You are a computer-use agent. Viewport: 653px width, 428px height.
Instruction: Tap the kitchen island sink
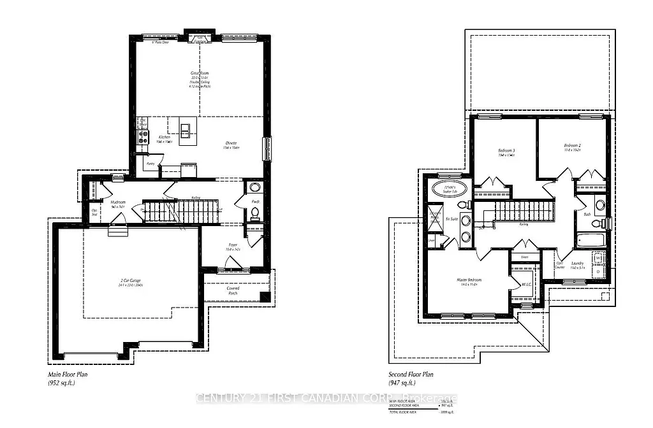coord(185,131)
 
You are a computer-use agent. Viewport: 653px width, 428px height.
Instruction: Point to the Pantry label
coord(150,163)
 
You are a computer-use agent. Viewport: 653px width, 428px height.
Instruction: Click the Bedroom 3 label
coord(507,152)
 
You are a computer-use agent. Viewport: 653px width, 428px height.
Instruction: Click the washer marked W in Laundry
coord(598,259)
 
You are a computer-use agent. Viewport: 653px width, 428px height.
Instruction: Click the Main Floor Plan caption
coord(69,375)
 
